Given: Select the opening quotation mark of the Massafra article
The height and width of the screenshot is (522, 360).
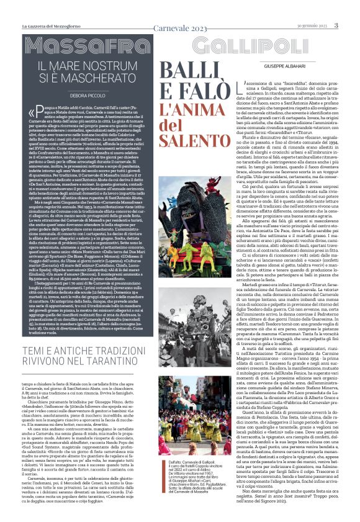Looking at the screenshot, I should click(32, 114).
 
